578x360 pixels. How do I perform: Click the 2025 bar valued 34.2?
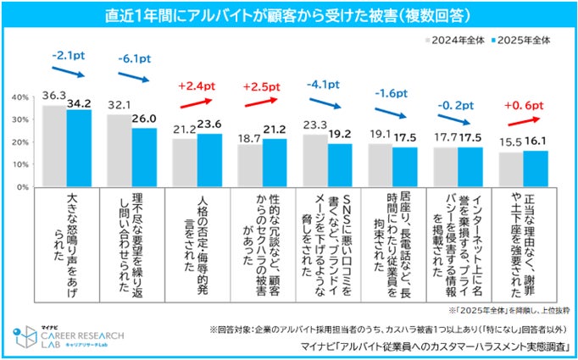tap(79, 147)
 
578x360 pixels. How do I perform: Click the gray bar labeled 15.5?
tap(510, 169)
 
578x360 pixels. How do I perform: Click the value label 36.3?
tap(54, 97)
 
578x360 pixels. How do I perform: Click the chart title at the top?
tap(288, 16)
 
